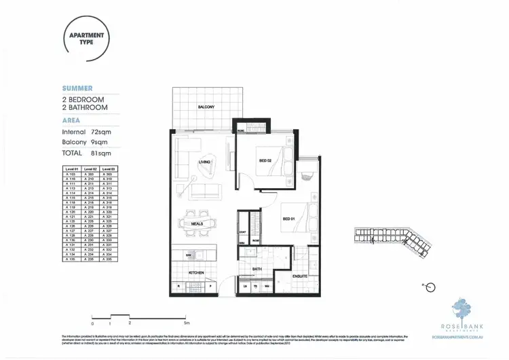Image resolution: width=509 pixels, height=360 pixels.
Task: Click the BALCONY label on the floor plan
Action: [206, 107]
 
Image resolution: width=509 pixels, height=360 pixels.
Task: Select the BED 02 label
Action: [265, 160]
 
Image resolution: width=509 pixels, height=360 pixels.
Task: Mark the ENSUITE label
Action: [300, 276]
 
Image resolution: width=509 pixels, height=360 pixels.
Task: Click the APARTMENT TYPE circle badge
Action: [86, 38]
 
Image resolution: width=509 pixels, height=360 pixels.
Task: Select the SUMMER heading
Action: [77, 88]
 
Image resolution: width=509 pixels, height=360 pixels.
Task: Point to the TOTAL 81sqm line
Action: [86, 154]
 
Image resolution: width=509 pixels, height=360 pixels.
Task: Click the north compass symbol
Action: [429, 288]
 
